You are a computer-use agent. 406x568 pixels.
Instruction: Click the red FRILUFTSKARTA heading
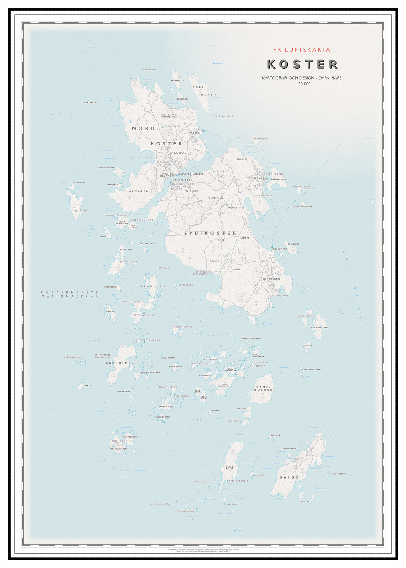301,50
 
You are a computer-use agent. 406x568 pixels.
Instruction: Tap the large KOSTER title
302,64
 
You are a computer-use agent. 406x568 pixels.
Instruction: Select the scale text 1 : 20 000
301,84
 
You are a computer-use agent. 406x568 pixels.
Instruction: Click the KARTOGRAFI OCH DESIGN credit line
301,77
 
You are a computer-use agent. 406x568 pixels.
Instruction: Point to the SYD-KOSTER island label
210,233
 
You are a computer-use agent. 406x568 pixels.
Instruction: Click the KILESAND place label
280,249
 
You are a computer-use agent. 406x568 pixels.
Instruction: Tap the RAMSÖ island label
289,477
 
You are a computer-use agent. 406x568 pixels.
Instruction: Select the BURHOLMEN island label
120,363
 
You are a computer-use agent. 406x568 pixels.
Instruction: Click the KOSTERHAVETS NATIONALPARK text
70,294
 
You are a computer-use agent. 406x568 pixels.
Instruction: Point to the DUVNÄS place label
180,153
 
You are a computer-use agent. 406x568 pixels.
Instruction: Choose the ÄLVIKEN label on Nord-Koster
139,191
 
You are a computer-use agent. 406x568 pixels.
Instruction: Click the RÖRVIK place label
242,159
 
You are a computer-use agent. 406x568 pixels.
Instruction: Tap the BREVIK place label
214,261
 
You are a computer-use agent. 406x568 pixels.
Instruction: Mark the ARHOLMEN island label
153,286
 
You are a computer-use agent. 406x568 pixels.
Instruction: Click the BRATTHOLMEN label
261,139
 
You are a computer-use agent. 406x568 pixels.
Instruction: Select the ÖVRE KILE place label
215,198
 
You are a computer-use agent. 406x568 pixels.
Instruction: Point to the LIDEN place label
244,238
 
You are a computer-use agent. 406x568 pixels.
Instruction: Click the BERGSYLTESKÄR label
338,474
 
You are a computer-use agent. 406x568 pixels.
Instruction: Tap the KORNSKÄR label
150,70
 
